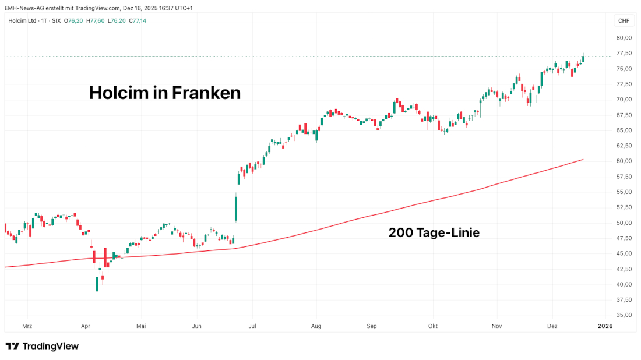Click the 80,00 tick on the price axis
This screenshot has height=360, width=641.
point(624,38)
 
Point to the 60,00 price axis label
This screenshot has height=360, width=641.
point(624,161)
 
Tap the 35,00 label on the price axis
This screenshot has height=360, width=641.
point(624,315)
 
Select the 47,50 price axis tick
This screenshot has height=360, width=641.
point(624,238)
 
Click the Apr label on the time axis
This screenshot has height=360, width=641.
point(86,327)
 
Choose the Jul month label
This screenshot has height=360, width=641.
point(252,327)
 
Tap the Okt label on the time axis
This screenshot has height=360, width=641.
point(433,327)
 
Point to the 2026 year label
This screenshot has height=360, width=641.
point(605,327)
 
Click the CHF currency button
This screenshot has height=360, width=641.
point(624,21)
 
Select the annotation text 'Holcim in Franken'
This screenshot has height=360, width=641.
point(164,93)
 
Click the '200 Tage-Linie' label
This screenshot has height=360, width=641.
point(434,233)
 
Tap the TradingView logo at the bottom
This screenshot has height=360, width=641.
point(42,346)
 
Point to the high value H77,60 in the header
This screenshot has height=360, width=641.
point(95,21)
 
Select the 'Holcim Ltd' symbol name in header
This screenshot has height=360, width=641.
point(23,21)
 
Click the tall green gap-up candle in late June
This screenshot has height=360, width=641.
point(236,208)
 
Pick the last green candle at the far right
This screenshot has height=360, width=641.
point(583,58)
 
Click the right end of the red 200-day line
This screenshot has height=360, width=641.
point(583,160)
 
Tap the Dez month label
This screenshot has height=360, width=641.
point(552,327)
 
